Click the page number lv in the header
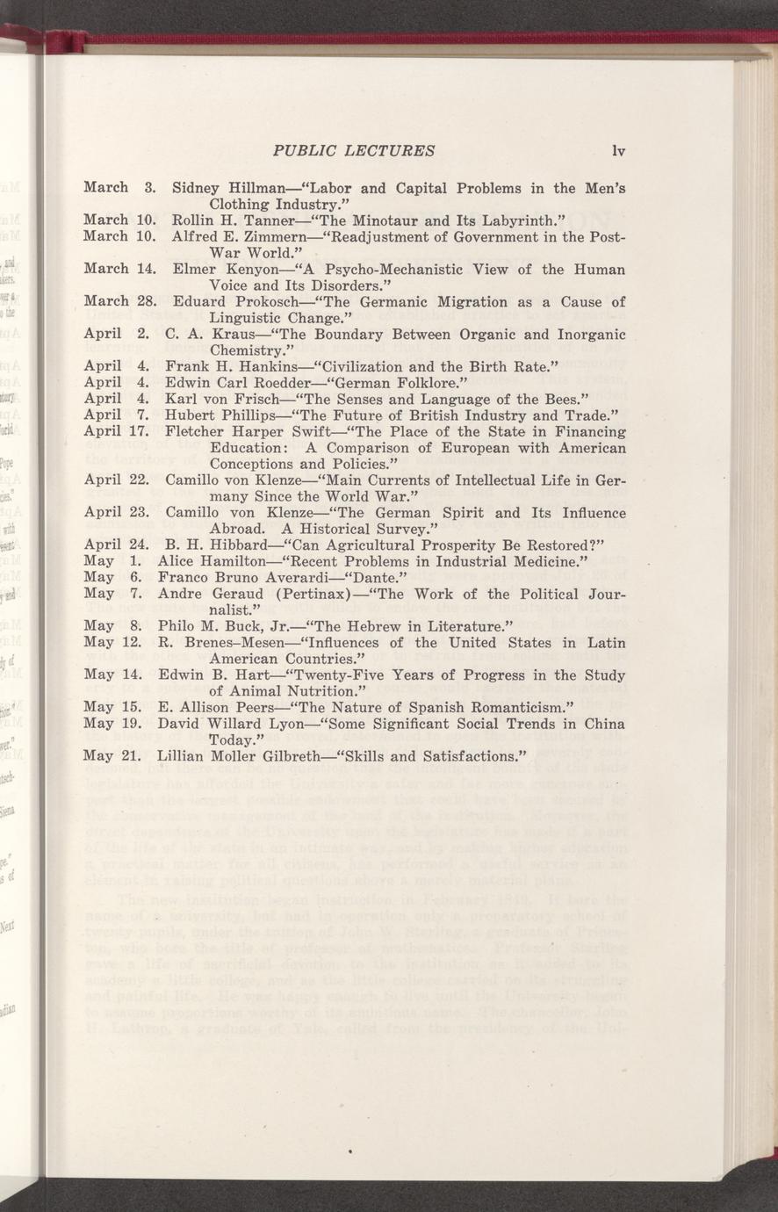618,150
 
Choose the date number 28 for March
147,301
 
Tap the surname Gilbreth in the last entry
269,755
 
